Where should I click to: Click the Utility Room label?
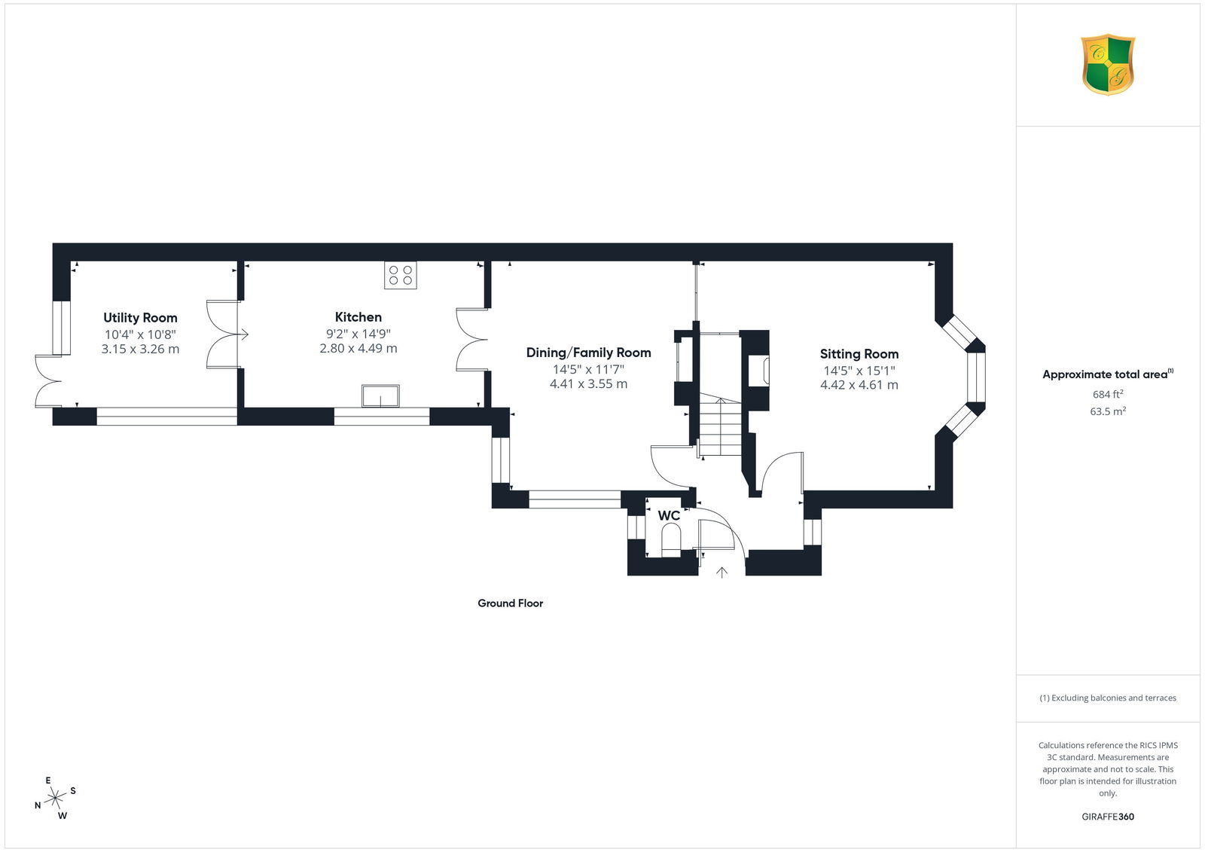point(140,318)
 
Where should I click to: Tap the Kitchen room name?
point(358,317)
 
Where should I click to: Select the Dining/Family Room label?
point(588,353)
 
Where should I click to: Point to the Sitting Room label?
point(859,353)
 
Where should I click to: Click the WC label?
point(669,515)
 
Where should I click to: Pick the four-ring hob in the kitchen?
point(400,275)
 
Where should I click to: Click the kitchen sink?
point(380,396)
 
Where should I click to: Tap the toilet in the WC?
point(671,540)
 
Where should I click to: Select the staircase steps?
point(720,427)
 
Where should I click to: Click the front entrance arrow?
point(722,573)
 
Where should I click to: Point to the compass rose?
point(56,798)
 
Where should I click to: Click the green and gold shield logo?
point(1108,65)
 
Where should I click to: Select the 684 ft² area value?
point(1108,394)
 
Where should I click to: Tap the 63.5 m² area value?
point(1108,411)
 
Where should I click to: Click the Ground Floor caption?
point(510,603)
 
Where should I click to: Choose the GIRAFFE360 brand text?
point(1108,817)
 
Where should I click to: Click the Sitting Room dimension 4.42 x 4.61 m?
point(859,385)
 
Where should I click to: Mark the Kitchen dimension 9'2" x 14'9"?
point(358,334)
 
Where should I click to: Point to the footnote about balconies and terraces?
point(1108,698)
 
